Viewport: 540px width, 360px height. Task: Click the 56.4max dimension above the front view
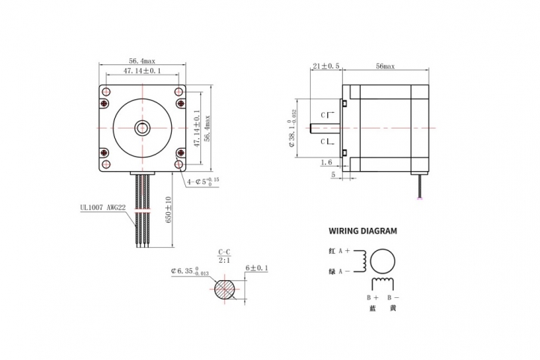(x=142, y=61)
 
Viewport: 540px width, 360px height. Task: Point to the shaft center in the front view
(x=142, y=128)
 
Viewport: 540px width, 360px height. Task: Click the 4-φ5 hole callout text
(x=203, y=181)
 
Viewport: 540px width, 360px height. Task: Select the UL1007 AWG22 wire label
(x=105, y=209)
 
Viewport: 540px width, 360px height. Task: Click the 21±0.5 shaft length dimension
(x=326, y=66)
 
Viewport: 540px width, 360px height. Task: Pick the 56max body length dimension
(x=385, y=66)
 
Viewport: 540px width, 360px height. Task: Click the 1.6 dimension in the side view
(x=326, y=162)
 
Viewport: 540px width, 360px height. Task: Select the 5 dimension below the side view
(x=332, y=175)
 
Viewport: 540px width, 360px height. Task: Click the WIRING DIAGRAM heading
(x=363, y=232)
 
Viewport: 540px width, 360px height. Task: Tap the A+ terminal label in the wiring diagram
(x=344, y=252)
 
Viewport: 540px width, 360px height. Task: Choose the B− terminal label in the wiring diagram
(x=393, y=297)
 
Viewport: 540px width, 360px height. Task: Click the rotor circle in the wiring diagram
(x=383, y=261)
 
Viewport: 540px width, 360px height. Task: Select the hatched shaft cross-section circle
(x=226, y=288)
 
